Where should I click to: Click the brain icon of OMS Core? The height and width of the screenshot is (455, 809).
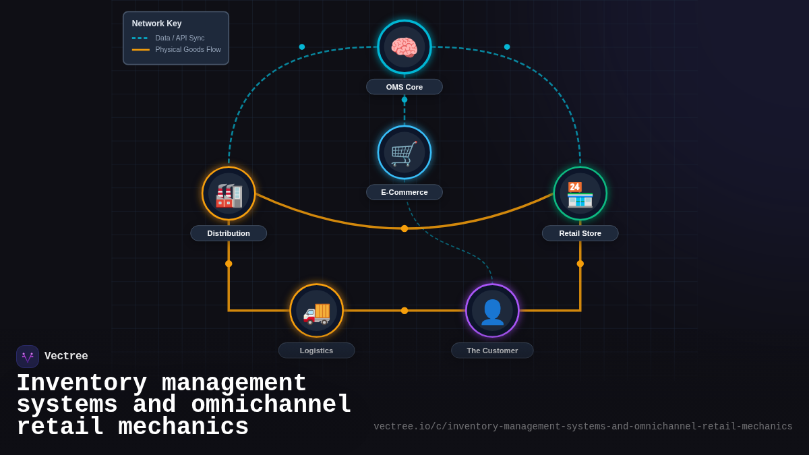tap(404, 47)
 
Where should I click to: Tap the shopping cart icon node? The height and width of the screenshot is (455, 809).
tap(404, 153)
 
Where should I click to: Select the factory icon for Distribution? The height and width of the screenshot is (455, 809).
tap(229, 194)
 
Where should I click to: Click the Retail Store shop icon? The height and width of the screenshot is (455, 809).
tap(580, 194)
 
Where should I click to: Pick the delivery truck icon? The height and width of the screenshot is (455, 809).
tap(316, 311)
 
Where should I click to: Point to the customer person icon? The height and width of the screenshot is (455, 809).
tap(492, 311)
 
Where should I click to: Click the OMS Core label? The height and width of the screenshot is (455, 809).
tap(404, 87)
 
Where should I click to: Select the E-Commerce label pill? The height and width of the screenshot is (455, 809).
tap(404, 192)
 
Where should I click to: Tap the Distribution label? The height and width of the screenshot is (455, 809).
tap(229, 233)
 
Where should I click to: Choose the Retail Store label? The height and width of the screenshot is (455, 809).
tap(580, 233)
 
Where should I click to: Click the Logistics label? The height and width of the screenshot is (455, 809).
tap(316, 351)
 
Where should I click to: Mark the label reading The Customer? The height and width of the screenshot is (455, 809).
tap(492, 351)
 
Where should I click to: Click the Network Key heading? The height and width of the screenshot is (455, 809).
tap(156, 24)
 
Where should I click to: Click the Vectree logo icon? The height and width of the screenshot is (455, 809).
tap(28, 357)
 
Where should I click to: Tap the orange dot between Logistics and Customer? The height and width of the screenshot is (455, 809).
tap(404, 311)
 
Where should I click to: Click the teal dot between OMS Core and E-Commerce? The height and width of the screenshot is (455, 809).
tap(404, 100)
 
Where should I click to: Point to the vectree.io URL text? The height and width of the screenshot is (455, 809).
tap(583, 427)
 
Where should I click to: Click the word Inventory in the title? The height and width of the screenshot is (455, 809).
tap(82, 384)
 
